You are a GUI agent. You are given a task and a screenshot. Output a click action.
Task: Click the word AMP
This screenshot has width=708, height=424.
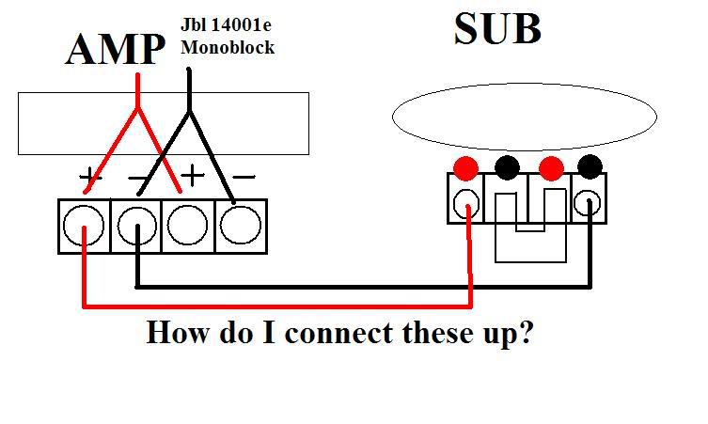tap(114, 49)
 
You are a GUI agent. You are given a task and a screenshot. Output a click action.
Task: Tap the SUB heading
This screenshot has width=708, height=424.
tap(497, 29)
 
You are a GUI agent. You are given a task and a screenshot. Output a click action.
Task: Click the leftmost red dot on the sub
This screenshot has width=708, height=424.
tap(465, 169)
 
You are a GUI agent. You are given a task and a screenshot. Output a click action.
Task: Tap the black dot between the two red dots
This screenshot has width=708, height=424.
tap(507, 169)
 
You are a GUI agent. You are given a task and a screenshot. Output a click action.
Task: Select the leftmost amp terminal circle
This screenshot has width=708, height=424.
tap(84, 225)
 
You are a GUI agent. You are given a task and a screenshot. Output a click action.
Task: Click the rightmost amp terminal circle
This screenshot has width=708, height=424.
tap(242, 225)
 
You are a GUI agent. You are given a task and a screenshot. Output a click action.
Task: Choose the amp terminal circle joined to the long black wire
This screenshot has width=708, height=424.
tap(137, 225)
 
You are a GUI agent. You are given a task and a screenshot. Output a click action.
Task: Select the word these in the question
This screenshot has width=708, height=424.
tap(417, 334)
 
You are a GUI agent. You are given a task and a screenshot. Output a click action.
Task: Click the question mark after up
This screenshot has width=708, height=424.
tap(525, 334)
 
